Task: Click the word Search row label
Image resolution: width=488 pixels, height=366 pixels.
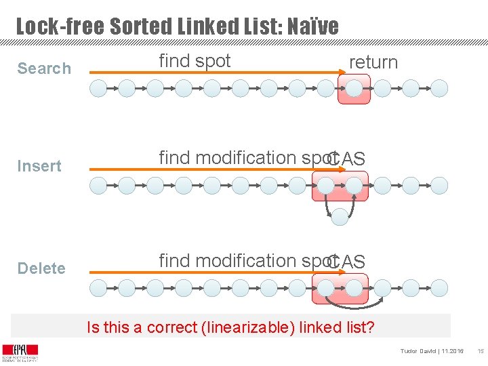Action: click(x=44, y=68)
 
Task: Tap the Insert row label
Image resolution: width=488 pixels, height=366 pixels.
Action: click(x=39, y=166)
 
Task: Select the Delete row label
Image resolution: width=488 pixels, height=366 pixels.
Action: click(x=41, y=268)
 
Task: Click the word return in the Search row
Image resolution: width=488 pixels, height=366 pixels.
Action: click(x=373, y=62)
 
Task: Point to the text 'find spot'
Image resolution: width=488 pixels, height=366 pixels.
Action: click(x=195, y=61)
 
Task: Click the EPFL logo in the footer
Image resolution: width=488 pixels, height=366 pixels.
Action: click(x=20, y=352)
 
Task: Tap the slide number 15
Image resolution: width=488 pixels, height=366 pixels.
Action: click(x=480, y=351)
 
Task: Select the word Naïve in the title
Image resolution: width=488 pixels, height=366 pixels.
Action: click(x=309, y=27)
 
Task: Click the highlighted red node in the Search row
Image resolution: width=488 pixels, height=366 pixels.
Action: click(x=354, y=88)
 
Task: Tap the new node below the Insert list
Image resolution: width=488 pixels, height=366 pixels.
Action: click(x=340, y=216)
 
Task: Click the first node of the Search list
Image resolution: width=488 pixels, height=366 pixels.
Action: click(x=98, y=88)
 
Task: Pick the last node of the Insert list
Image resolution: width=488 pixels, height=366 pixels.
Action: click(x=440, y=185)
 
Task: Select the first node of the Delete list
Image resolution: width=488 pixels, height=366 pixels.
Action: click(x=98, y=287)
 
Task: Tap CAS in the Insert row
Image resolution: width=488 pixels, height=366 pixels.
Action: click(x=346, y=159)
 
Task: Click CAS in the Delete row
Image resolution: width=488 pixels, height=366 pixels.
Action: click(x=346, y=262)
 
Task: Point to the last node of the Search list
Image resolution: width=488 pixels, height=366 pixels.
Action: click(x=440, y=88)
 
